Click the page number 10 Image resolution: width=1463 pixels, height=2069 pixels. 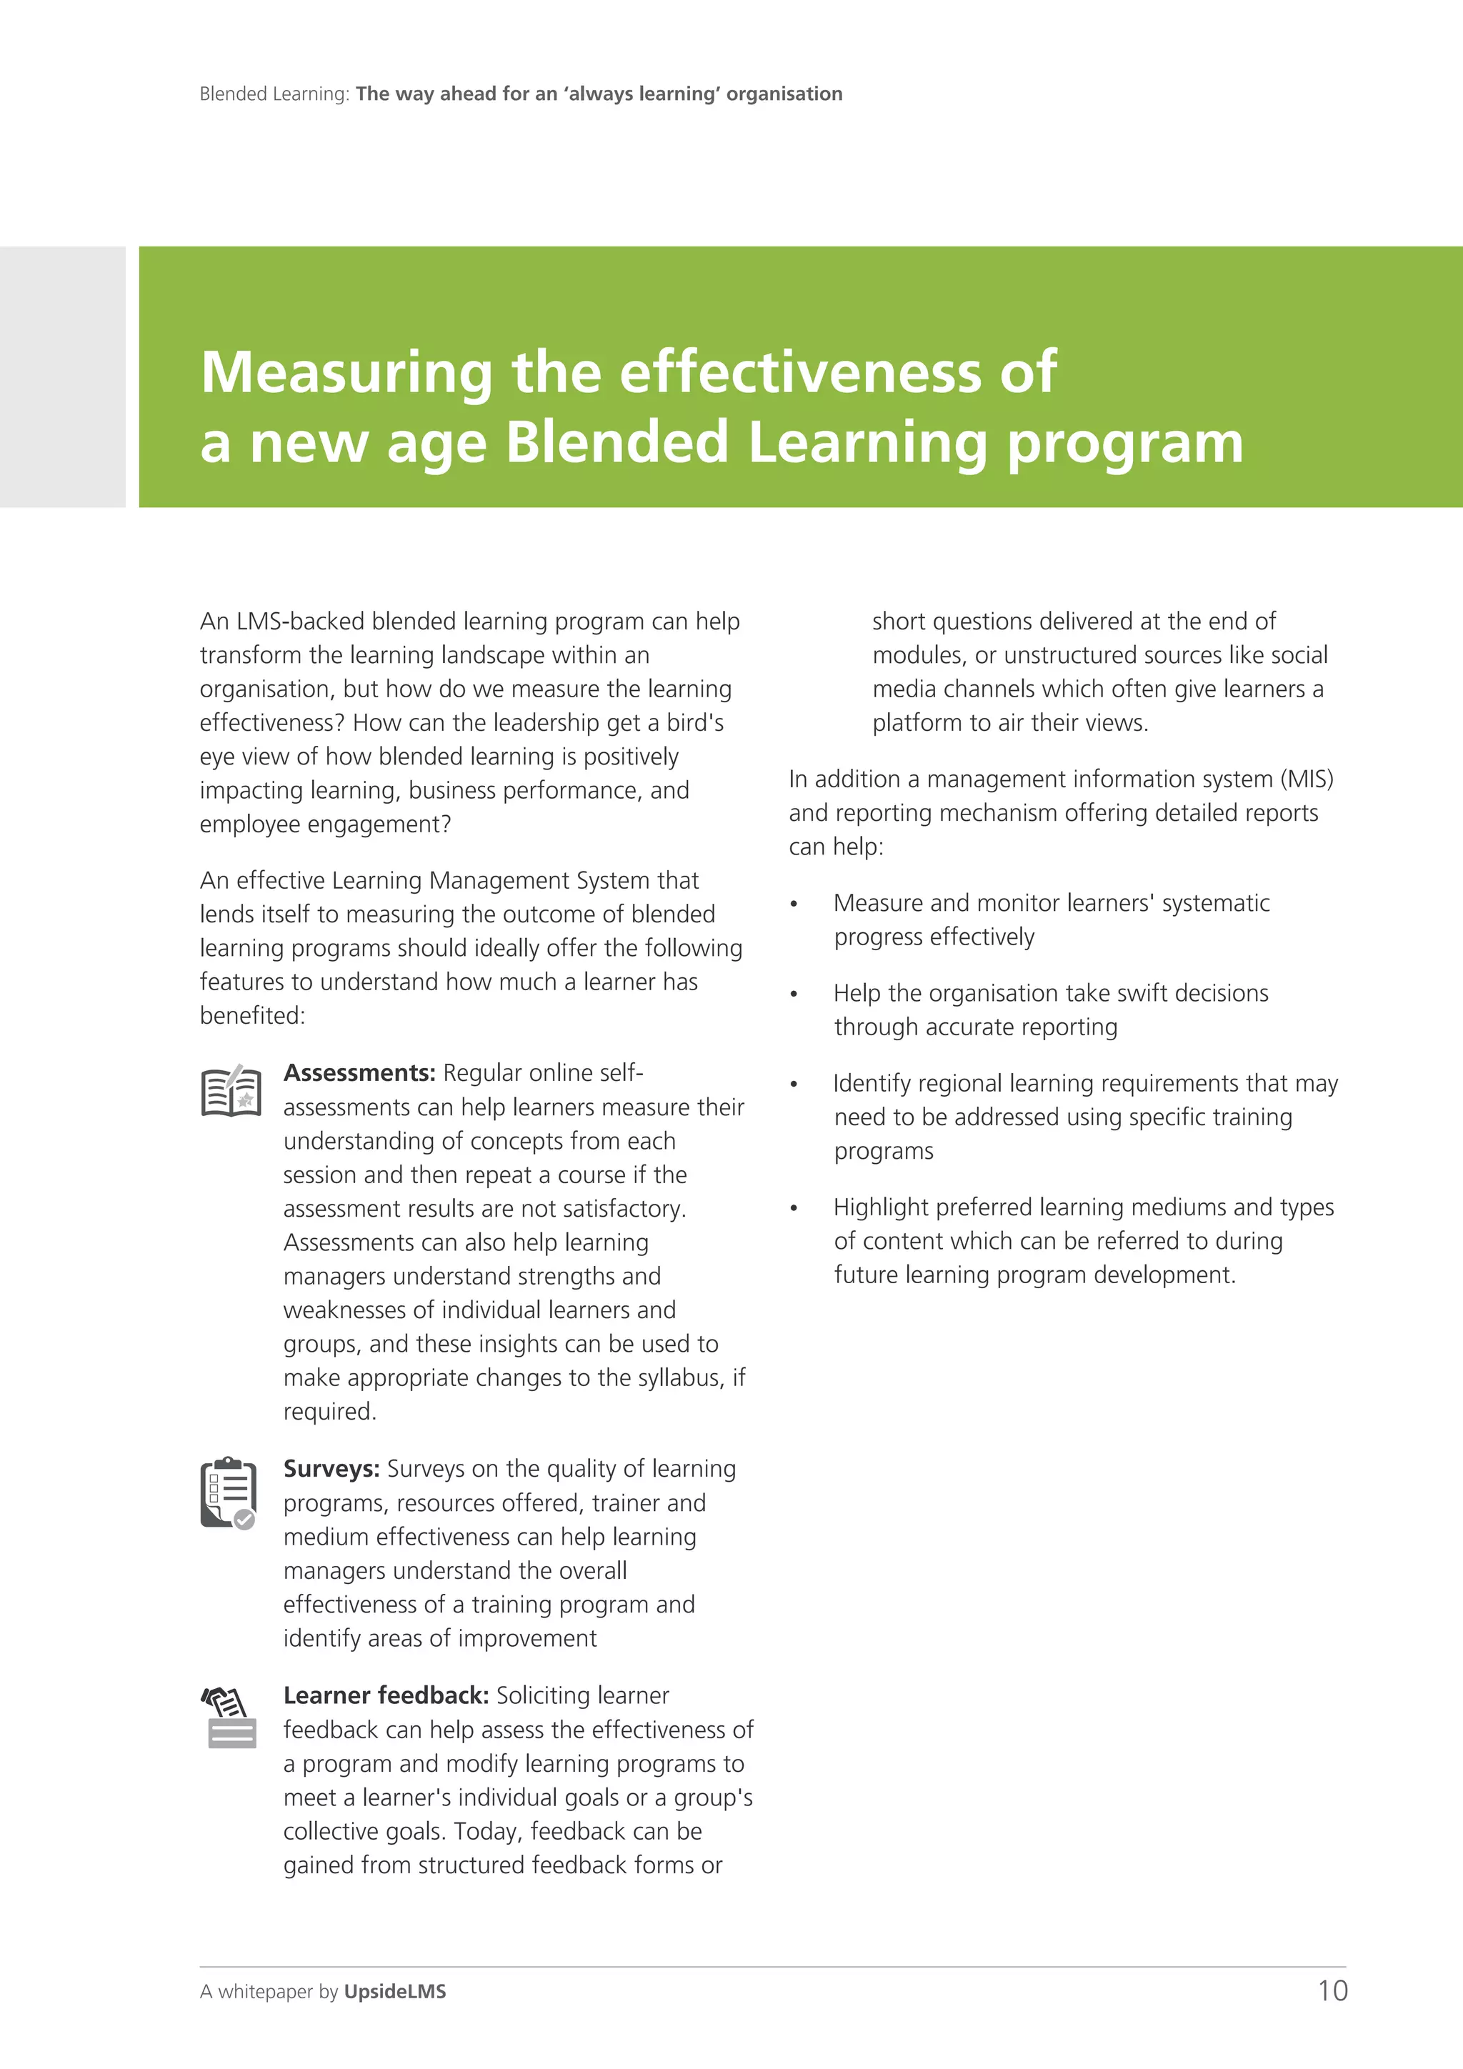pos(1332,1990)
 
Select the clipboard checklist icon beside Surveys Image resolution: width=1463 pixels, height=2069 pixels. pos(228,1493)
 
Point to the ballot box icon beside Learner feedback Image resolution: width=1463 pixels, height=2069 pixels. pos(230,1717)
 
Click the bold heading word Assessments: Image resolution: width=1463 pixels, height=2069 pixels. pos(359,1073)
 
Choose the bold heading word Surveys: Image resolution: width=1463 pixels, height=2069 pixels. pos(331,1469)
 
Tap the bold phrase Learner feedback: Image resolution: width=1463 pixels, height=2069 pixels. pos(386,1696)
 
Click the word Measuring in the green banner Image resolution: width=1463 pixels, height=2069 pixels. pos(346,372)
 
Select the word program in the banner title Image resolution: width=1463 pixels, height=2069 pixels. pos(1124,444)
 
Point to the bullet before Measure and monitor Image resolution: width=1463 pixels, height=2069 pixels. pos(794,904)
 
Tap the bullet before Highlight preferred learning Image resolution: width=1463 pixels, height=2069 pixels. pos(794,1208)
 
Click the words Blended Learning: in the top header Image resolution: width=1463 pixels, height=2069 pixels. pos(274,94)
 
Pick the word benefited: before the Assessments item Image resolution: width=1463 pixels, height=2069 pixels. pos(252,1017)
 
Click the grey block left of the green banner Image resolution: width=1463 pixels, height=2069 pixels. pos(62,377)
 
